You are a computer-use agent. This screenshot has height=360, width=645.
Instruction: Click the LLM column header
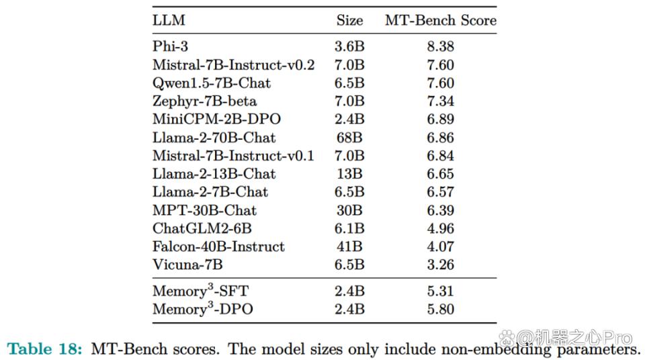point(169,20)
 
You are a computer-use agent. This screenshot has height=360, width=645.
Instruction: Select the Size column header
point(349,20)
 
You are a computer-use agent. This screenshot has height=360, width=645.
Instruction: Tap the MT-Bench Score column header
point(441,20)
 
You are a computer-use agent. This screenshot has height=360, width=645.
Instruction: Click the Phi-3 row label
point(170,46)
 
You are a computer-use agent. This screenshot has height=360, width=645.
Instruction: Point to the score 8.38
point(441,46)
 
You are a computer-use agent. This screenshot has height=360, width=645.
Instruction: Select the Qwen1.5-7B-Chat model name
point(212,83)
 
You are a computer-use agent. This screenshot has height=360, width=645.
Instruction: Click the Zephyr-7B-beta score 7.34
point(441,101)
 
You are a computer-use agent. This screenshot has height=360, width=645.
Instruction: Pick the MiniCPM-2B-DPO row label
point(216,119)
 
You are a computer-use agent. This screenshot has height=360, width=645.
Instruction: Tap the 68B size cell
point(349,138)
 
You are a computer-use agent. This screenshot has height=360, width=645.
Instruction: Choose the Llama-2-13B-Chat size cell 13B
point(349,174)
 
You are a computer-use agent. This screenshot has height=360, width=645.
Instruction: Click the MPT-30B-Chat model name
point(204,210)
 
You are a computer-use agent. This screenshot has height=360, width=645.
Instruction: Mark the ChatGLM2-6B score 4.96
point(441,228)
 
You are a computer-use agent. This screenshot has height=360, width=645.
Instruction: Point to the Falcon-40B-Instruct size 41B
point(349,246)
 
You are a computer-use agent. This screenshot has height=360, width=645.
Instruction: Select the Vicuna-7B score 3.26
point(441,265)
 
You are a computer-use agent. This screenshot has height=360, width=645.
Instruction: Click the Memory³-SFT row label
point(201,290)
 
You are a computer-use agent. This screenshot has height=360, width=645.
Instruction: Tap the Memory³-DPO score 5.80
point(441,309)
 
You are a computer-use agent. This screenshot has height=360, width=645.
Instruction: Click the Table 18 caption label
point(45,349)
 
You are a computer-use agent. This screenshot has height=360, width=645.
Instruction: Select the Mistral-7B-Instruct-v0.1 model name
point(233,156)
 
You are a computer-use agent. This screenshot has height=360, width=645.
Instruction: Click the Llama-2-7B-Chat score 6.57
point(441,191)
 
